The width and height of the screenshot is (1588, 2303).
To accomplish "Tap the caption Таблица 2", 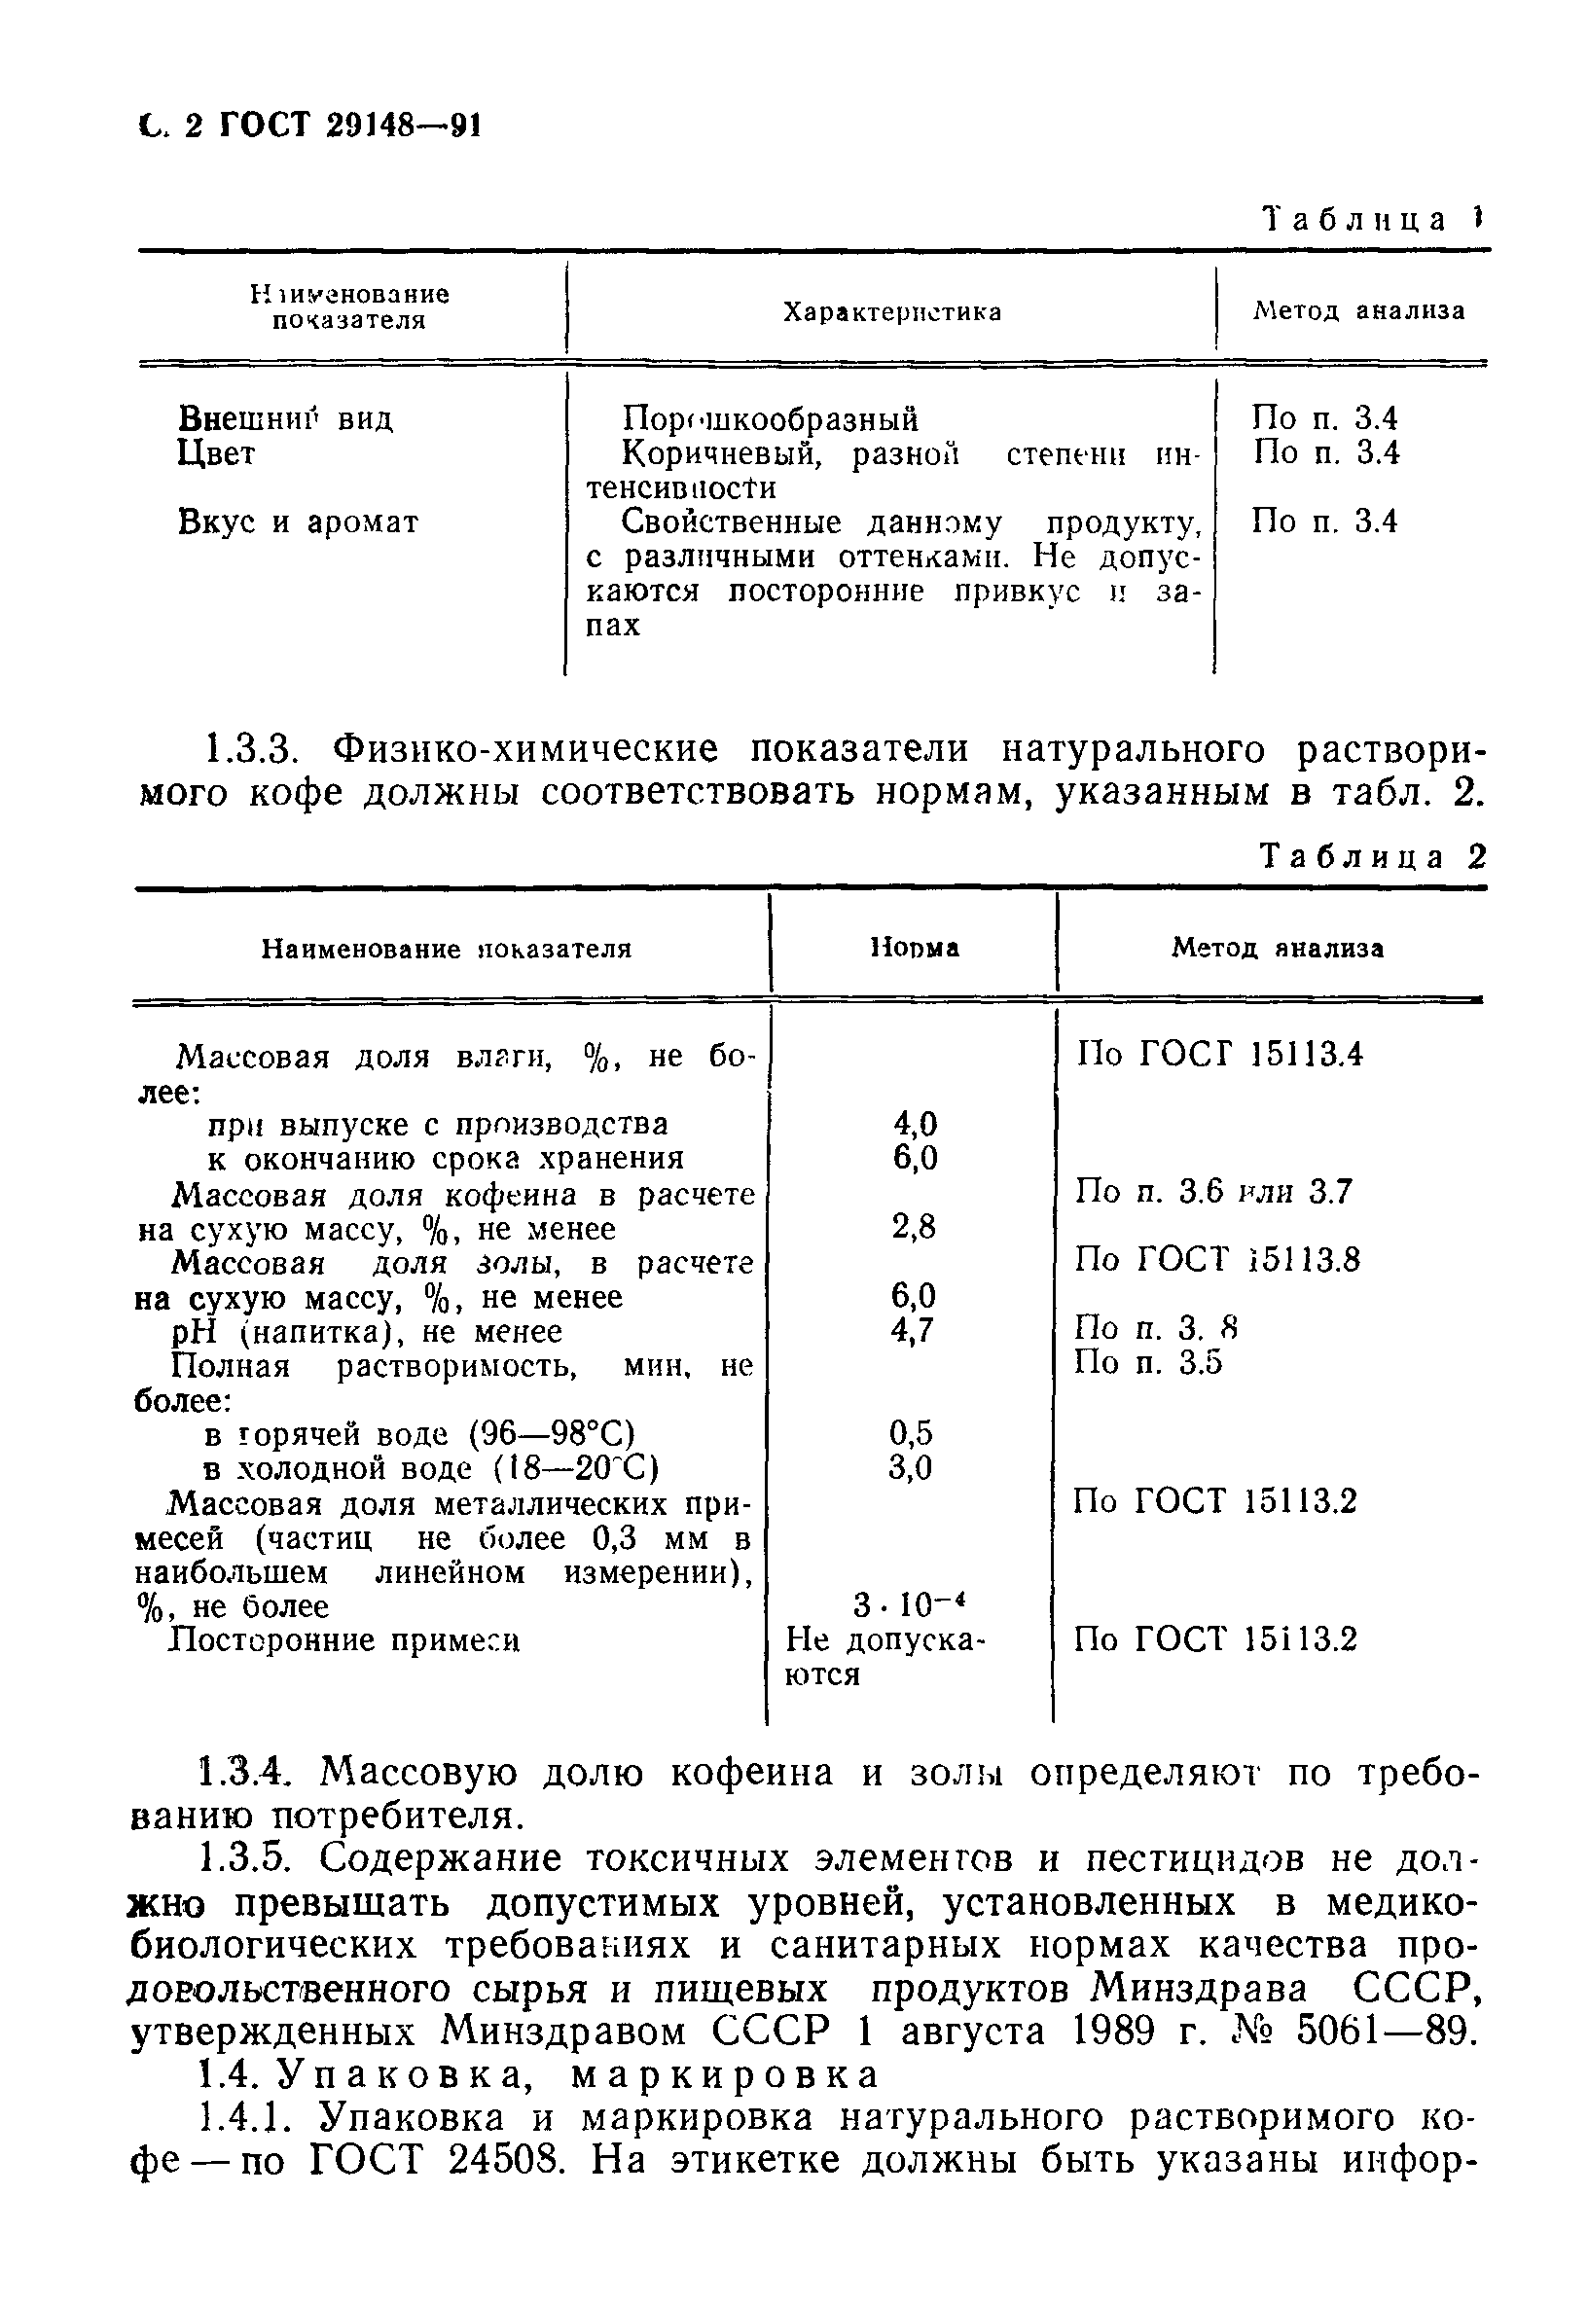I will [1372, 856].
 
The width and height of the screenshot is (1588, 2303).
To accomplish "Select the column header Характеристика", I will [891, 312].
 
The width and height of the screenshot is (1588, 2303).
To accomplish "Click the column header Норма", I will [915, 948].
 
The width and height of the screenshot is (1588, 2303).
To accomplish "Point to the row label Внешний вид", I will [285, 418].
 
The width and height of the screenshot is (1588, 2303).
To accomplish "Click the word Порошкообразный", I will [770, 418].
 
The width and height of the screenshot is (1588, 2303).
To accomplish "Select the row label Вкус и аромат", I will [299, 522].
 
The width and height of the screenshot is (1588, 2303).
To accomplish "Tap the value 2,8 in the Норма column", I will [914, 1227].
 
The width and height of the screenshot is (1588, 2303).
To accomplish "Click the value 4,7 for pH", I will [913, 1330].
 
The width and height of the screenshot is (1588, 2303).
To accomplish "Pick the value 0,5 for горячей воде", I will [912, 1433].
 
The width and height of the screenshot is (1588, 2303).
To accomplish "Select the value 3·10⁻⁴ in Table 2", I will [911, 1604].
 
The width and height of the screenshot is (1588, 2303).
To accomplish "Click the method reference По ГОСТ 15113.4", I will [1219, 1054].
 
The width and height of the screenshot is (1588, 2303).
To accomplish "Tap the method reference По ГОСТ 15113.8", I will [1217, 1260].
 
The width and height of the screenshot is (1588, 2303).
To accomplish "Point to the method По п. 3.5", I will [1147, 1362].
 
